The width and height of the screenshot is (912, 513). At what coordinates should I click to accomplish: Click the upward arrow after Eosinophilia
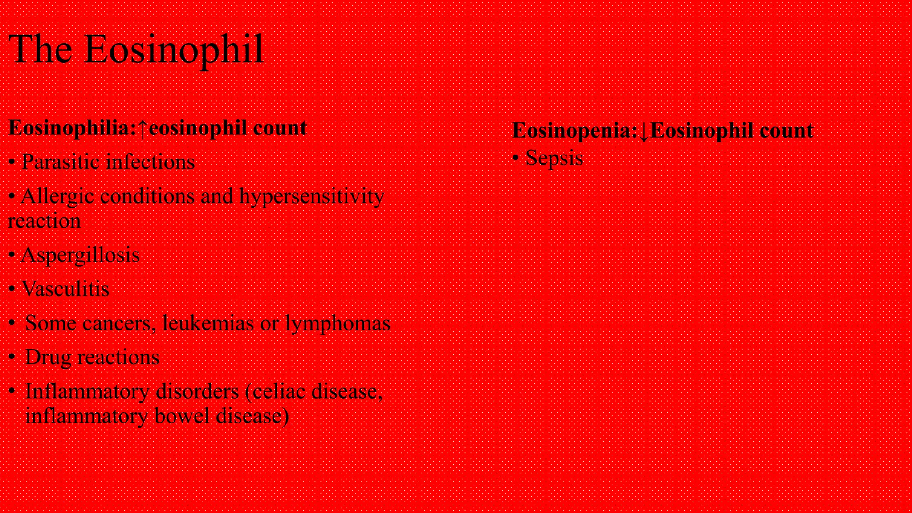pyautogui.click(x=142, y=129)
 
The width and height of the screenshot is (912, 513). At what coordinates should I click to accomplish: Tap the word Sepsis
pyautogui.click(x=554, y=158)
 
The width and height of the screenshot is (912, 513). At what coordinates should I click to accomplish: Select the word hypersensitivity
pyautogui.click(x=312, y=197)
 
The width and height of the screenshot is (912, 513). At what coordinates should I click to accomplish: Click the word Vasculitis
pyautogui.click(x=66, y=289)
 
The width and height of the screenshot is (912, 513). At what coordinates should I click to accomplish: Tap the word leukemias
pyautogui.click(x=208, y=323)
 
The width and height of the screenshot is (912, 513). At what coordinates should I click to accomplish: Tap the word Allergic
pyautogui.click(x=57, y=197)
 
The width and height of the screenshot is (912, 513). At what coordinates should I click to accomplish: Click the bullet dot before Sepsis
pyautogui.click(x=516, y=159)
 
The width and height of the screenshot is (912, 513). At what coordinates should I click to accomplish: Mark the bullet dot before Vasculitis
pyautogui.click(x=12, y=289)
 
